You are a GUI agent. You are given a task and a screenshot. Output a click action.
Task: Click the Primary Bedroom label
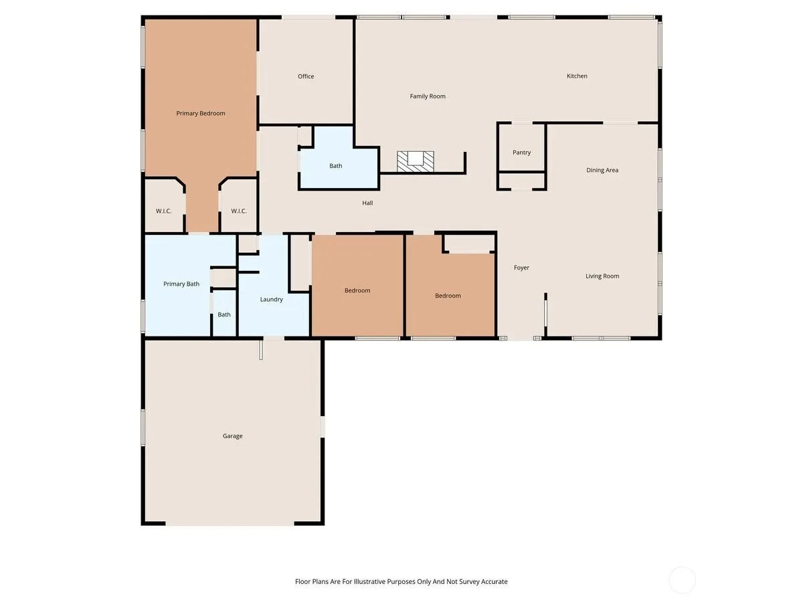(x=201, y=113)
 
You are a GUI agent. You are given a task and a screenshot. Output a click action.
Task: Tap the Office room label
(x=305, y=76)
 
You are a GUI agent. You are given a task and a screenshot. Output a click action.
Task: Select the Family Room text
(x=428, y=96)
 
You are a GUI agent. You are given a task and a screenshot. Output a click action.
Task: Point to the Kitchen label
(x=577, y=76)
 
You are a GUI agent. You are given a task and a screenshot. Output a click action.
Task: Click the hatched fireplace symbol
(x=416, y=162)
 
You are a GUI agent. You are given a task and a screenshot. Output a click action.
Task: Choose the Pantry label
(x=521, y=153)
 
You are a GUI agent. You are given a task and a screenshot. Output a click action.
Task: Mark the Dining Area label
(x=602, y=170)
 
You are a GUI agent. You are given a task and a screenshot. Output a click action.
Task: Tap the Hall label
(x=367, y=203)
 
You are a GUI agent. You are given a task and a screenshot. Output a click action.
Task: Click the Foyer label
(x=521, y=268)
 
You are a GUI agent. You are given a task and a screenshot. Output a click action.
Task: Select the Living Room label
(x=602, y=276)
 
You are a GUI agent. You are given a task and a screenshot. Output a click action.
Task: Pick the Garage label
(x=232, y=435)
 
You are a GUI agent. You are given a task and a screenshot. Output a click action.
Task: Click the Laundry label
(x=271, y=300)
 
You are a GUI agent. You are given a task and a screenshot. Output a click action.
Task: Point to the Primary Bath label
(x=181, y=284)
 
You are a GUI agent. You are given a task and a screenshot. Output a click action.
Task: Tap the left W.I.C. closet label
(x=163, y=211)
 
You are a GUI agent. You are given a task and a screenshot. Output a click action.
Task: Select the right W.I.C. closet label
(x=238, y=211)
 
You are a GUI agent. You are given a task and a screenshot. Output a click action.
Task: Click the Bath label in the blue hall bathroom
(x=335, y=166)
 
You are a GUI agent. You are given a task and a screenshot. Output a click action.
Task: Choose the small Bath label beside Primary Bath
(x=224, y=314)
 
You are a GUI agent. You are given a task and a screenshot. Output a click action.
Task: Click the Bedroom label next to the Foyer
(x=448, y=296)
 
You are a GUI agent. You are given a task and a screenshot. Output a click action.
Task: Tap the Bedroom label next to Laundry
(x=357, y=290)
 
